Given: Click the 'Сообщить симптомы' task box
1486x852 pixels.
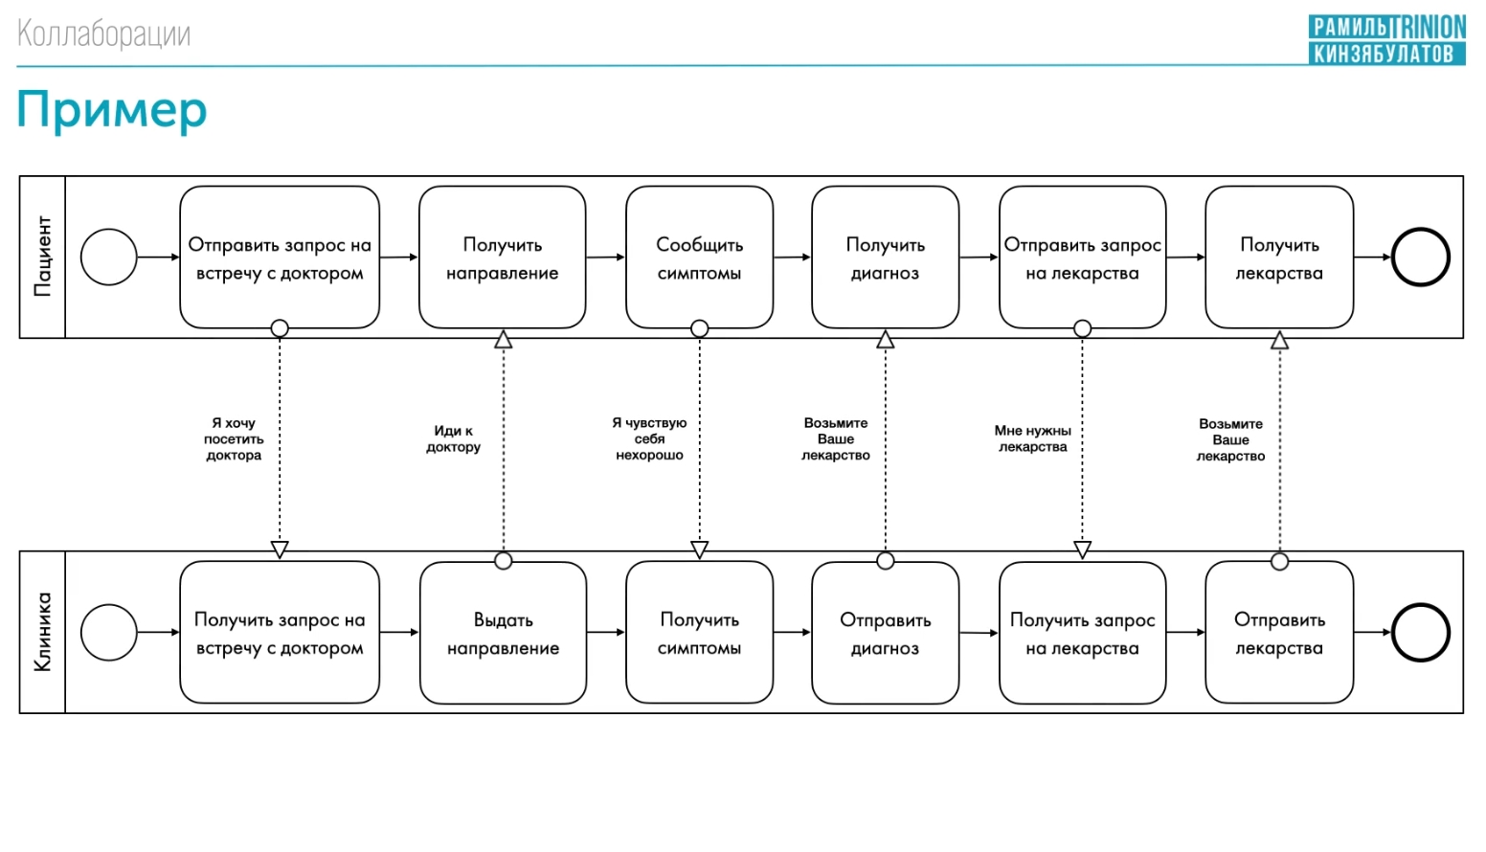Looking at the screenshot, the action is coord(699,258).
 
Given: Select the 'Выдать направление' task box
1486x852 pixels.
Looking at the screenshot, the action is coord(503,633).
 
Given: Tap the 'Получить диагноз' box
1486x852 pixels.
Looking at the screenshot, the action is coord(885,258).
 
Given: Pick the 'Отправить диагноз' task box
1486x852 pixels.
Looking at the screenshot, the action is coord(885,633).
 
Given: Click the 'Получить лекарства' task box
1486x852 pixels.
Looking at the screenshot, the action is coord(1279,258).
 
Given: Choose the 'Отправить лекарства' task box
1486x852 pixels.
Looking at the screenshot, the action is coord(1279,633).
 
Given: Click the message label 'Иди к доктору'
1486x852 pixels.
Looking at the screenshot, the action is coord(453,439).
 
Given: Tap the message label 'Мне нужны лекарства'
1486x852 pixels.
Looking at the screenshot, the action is coord(1033,439).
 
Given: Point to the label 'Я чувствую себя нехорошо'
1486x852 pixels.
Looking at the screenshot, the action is coord(649,439).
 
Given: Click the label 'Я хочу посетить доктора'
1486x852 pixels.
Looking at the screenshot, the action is coord(234,439).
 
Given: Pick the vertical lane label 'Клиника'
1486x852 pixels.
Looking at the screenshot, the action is coord(42,632).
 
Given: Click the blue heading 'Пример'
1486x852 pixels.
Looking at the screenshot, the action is coord(112,110).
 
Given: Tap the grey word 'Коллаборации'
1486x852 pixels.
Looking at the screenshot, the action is coord(103,34).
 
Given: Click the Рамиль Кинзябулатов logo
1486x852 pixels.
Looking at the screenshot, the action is coord(1387,40).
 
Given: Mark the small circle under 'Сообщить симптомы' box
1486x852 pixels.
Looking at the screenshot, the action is coord(699,328).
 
